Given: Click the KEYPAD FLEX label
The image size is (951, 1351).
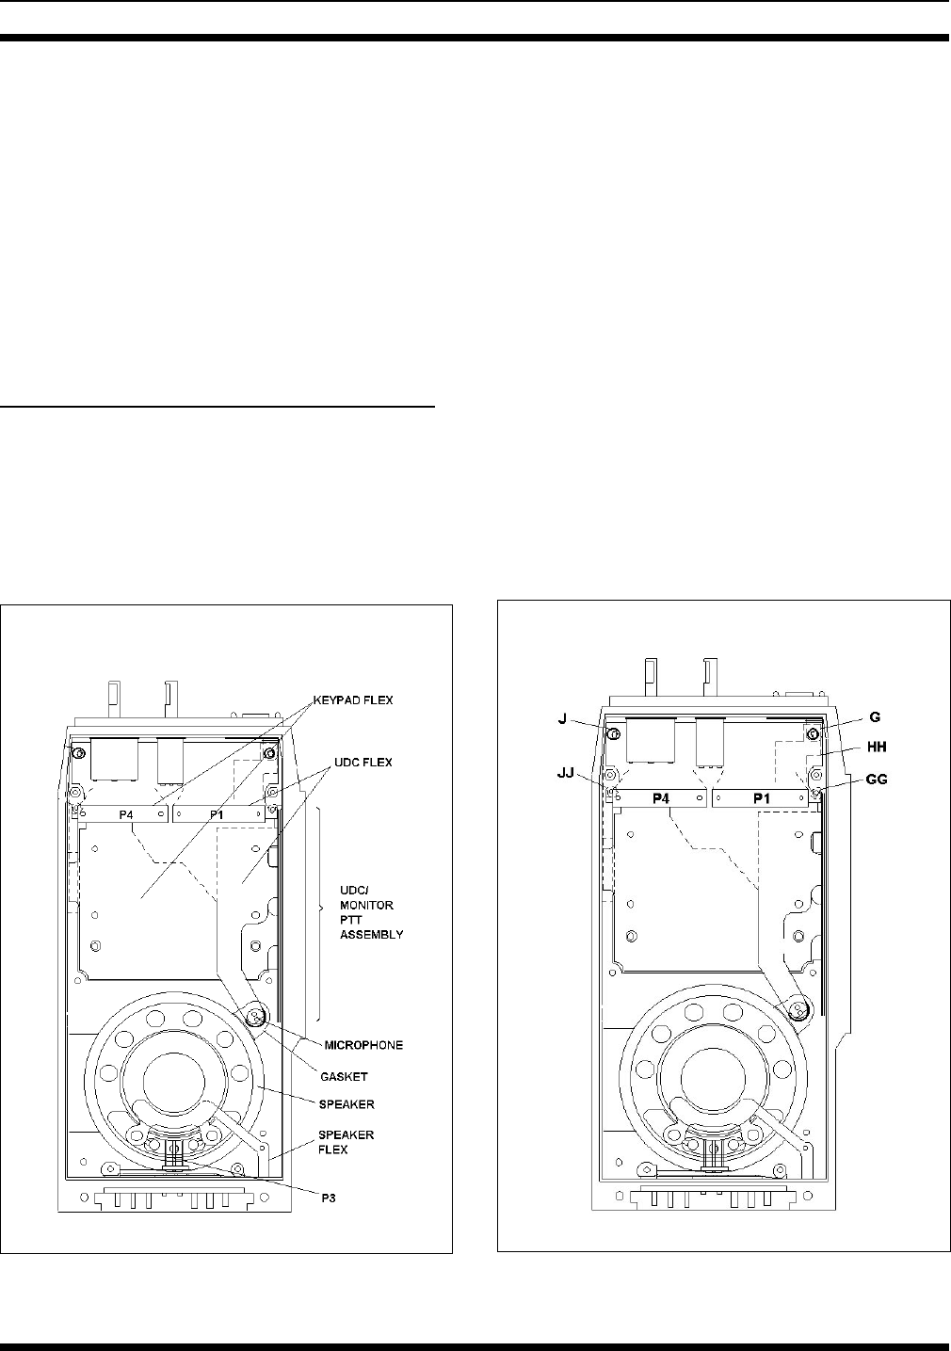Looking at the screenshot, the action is pos(353,700).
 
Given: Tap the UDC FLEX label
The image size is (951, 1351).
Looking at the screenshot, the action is pos(363,763).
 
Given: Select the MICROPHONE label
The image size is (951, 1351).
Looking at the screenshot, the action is pos(363,1045).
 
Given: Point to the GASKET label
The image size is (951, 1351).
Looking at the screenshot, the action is pos(344,1077).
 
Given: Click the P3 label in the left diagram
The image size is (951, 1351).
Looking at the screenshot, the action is pos(328,1198).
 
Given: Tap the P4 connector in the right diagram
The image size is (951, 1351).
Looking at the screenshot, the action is pos(660,798).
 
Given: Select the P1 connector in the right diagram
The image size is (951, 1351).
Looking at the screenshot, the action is pos(760,798).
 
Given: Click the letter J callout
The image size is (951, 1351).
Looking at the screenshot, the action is pos(562,719).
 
